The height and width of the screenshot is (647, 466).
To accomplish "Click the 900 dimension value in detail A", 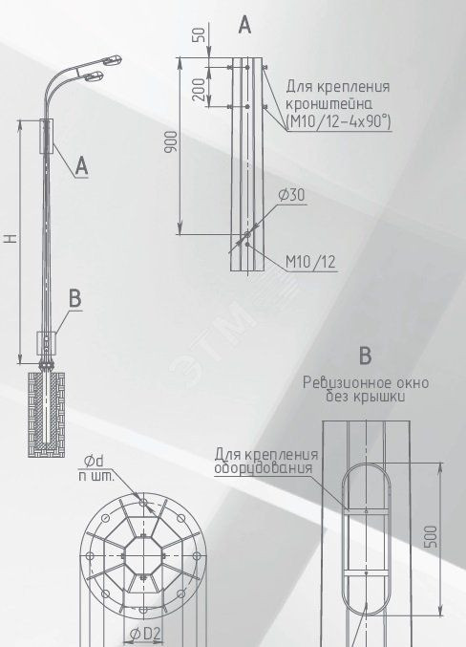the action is point(172,141).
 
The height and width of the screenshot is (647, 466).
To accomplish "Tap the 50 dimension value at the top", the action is point(199,34).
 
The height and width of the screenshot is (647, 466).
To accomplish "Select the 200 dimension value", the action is point(199,90).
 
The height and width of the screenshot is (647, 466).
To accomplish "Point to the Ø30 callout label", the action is point(291,195).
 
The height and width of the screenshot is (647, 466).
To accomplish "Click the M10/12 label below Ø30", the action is point(311,262).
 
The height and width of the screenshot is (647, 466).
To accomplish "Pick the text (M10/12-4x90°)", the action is point(338,121).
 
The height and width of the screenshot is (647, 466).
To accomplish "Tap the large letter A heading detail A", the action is point(244,25).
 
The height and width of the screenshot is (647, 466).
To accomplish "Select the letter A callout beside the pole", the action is point(82,166).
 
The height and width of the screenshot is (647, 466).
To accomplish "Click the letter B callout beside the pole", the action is point(74,298).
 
